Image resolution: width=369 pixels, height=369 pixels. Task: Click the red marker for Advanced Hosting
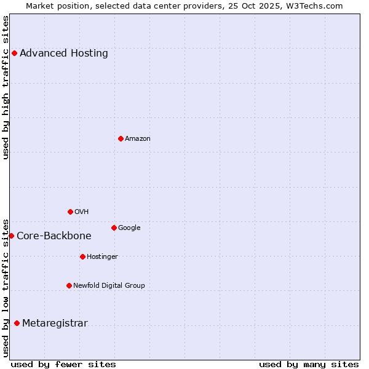pyautogui.click(x=14, y=53)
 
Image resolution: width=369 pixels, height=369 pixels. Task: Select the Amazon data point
pyautogui.click(x=121, y=138)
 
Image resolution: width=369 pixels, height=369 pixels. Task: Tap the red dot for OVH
pyautogui.click(x=70, y=212)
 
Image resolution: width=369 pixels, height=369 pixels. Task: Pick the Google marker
pyautogui.click(x=114, y=228)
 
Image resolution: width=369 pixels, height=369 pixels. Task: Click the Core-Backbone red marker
pyautogui.click(x=11, y=236)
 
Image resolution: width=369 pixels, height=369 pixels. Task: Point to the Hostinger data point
pyautogui.click(x=82, y=256)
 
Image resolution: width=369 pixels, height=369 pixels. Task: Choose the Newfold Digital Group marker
pyautogui.click(x=69, y=285)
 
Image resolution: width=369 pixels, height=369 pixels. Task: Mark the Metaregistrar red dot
pyautogui.click(x=17, y=323)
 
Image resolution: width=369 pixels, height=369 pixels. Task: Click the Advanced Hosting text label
pyautogui.click(x=64, y=54)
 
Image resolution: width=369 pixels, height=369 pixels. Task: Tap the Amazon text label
pyautogui.click(x=138, y=139)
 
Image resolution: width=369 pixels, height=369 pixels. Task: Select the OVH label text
pyautogui.click(x=82, y=212)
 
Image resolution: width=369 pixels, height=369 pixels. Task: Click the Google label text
pyautogui.click(x=129, y=228)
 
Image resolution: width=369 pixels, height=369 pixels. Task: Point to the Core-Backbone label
pyautogui.click(x=54, y=236)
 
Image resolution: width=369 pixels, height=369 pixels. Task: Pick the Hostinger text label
pyautogui.click(x=102, y=257)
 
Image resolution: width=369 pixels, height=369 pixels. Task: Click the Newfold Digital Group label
pyautogui.click(x=109, y=286)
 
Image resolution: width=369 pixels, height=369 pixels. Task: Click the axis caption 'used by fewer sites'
pyautogui.click(x=63, y=365)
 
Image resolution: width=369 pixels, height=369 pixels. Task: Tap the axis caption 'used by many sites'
pyautogui.click(x=309, y=365)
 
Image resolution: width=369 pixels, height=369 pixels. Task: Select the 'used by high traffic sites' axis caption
pyautogui.click(x=6, y=87)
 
